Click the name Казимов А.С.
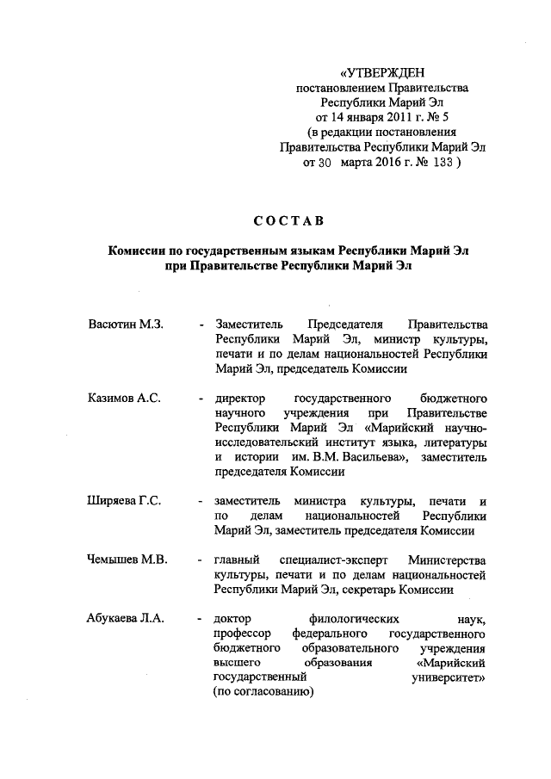point(124,399)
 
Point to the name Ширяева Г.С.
point(125,501)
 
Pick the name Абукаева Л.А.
point(126,618)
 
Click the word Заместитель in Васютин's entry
point(251,325)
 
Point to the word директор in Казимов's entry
point(239,399)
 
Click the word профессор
point(242,633)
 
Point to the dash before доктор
point(201,618)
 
